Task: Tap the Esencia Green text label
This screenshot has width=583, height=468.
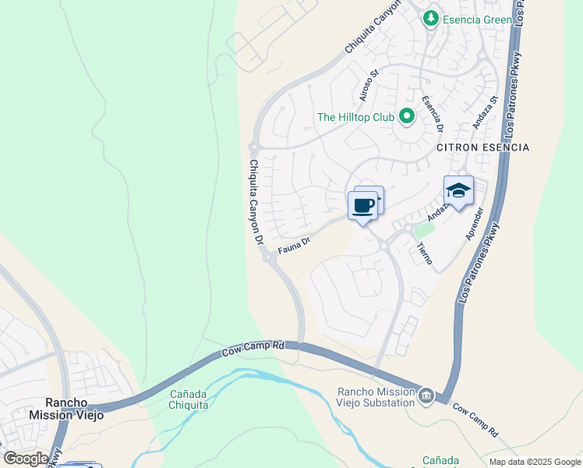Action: click(477, 19)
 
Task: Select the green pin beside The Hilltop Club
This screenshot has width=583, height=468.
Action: click(406, 117)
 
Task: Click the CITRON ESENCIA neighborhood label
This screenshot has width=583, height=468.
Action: click(482, 147)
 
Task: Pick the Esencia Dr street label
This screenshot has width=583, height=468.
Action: click(433, 114)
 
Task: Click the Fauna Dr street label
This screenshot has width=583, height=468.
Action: click(295, 246)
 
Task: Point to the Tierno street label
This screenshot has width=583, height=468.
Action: click(425, 253)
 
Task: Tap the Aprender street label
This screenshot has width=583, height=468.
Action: click(475, 223)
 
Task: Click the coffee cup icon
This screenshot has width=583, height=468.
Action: click(362, 206)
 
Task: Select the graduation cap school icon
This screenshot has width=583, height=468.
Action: click(458, 191)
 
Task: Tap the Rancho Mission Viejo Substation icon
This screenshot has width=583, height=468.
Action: click(426, 396)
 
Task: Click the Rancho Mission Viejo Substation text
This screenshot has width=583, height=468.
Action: click(376, 397)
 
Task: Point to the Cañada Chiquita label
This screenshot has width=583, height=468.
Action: click(189, 399)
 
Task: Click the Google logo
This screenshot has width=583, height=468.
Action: click(26, 459)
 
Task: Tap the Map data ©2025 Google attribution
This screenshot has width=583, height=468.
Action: click(535, 462)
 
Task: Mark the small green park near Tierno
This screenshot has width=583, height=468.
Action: click(424, 230)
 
